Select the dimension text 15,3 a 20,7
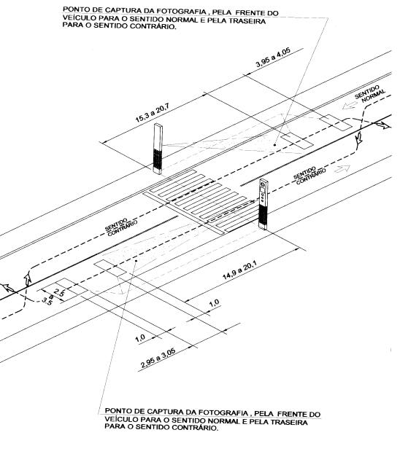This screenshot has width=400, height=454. (153, 114)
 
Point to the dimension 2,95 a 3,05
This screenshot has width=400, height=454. (158, 358)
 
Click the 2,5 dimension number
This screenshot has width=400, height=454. (59, 291)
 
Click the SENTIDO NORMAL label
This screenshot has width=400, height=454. (370, 93)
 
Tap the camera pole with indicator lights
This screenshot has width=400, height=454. (263, 204)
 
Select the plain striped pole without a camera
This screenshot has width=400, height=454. (158, 149)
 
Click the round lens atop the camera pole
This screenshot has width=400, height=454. (263, 184)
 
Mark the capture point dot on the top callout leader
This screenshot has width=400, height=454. (274, 144)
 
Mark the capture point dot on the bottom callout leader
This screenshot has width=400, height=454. (136, 260)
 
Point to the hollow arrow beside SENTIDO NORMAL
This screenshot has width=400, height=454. (349, 106)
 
